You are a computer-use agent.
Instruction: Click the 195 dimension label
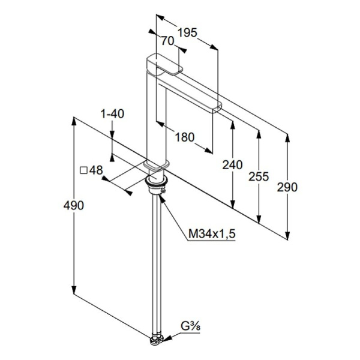pos(188,32)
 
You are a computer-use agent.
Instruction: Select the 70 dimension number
pos(167,41)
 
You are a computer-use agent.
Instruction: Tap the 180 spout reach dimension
pos(185,137)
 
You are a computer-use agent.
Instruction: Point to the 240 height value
pos(232,165)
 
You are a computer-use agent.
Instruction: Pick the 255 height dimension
pos(259,176)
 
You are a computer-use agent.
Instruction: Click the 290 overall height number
pos(287,187)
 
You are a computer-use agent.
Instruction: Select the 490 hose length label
pos(74,205)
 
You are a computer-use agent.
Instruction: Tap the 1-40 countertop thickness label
pos(113,113)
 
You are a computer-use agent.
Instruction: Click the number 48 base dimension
pos(96,170)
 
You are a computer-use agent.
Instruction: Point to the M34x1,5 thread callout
pos(212,234)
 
